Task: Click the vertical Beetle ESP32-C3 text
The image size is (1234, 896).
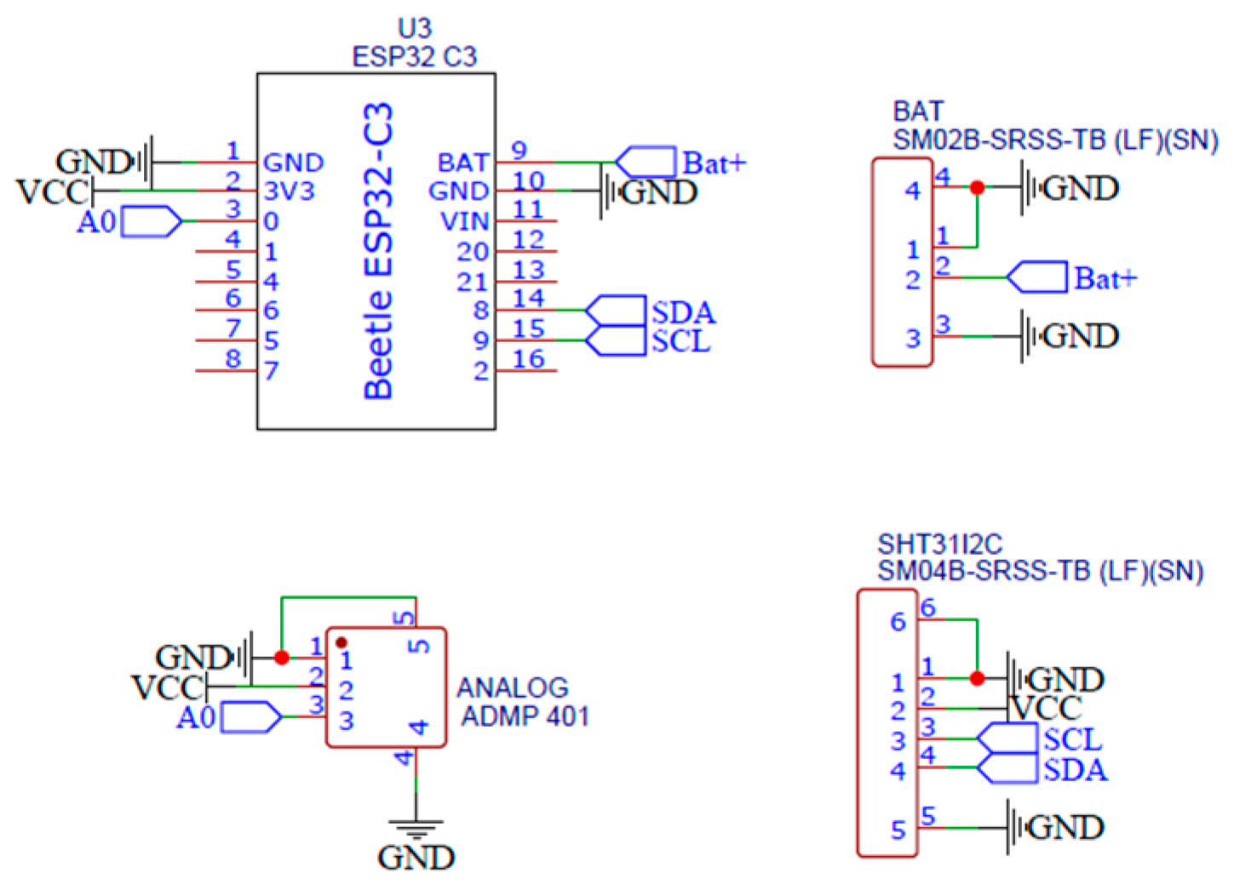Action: [378, 251]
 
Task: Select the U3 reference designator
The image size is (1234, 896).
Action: [415, 28]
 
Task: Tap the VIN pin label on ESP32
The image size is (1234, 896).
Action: [464, 221]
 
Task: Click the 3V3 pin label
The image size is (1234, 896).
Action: [288, 191]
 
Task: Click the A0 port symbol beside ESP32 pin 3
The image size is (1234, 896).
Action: [152, 221]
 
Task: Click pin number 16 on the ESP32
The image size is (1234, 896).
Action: [528, 359]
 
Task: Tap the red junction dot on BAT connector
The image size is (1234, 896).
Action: [977, 187]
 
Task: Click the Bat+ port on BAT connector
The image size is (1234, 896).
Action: [1037, 277]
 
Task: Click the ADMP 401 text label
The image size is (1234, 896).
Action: [525, 716]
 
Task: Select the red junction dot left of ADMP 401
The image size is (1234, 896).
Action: [282, 657]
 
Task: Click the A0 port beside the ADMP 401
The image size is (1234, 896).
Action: [251, 717]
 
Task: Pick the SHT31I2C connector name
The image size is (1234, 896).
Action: [939, 544]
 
